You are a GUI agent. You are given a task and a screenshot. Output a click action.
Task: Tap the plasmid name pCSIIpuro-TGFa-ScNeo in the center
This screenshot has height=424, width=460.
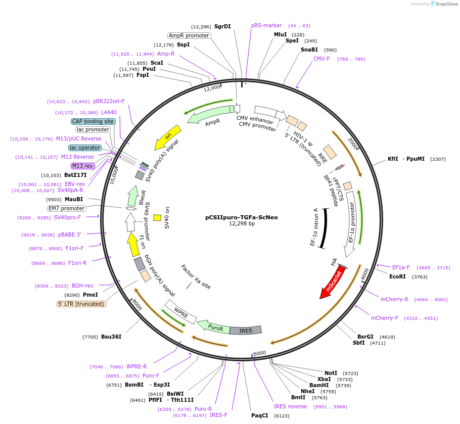(241, 217)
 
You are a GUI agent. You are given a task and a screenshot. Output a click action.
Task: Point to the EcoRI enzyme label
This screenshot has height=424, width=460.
(397, 276)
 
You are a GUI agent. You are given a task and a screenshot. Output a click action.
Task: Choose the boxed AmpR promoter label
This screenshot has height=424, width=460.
(189, 35)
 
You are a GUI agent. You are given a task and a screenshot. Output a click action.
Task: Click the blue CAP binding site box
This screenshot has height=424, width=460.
(93, 121)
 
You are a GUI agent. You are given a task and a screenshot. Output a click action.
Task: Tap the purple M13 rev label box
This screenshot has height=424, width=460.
(82, 166)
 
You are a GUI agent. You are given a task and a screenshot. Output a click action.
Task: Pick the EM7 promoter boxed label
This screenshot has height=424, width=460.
(67, 208)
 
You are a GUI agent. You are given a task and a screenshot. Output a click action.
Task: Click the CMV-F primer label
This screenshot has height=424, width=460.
(321, 59)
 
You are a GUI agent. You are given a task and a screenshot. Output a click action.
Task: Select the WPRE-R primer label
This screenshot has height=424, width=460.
(136, 366)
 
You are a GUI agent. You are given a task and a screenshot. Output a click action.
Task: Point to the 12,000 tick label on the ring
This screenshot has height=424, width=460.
(212, 88)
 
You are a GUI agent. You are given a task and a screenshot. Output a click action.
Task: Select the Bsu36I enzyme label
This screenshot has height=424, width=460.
(111, 337)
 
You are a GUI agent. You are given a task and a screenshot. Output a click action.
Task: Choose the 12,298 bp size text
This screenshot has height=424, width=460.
(242, 223)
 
